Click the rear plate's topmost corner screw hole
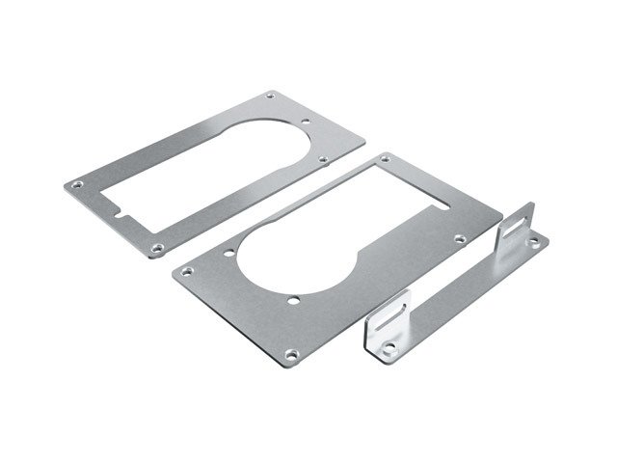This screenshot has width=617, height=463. pyautogui.click(x=269, y=95)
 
